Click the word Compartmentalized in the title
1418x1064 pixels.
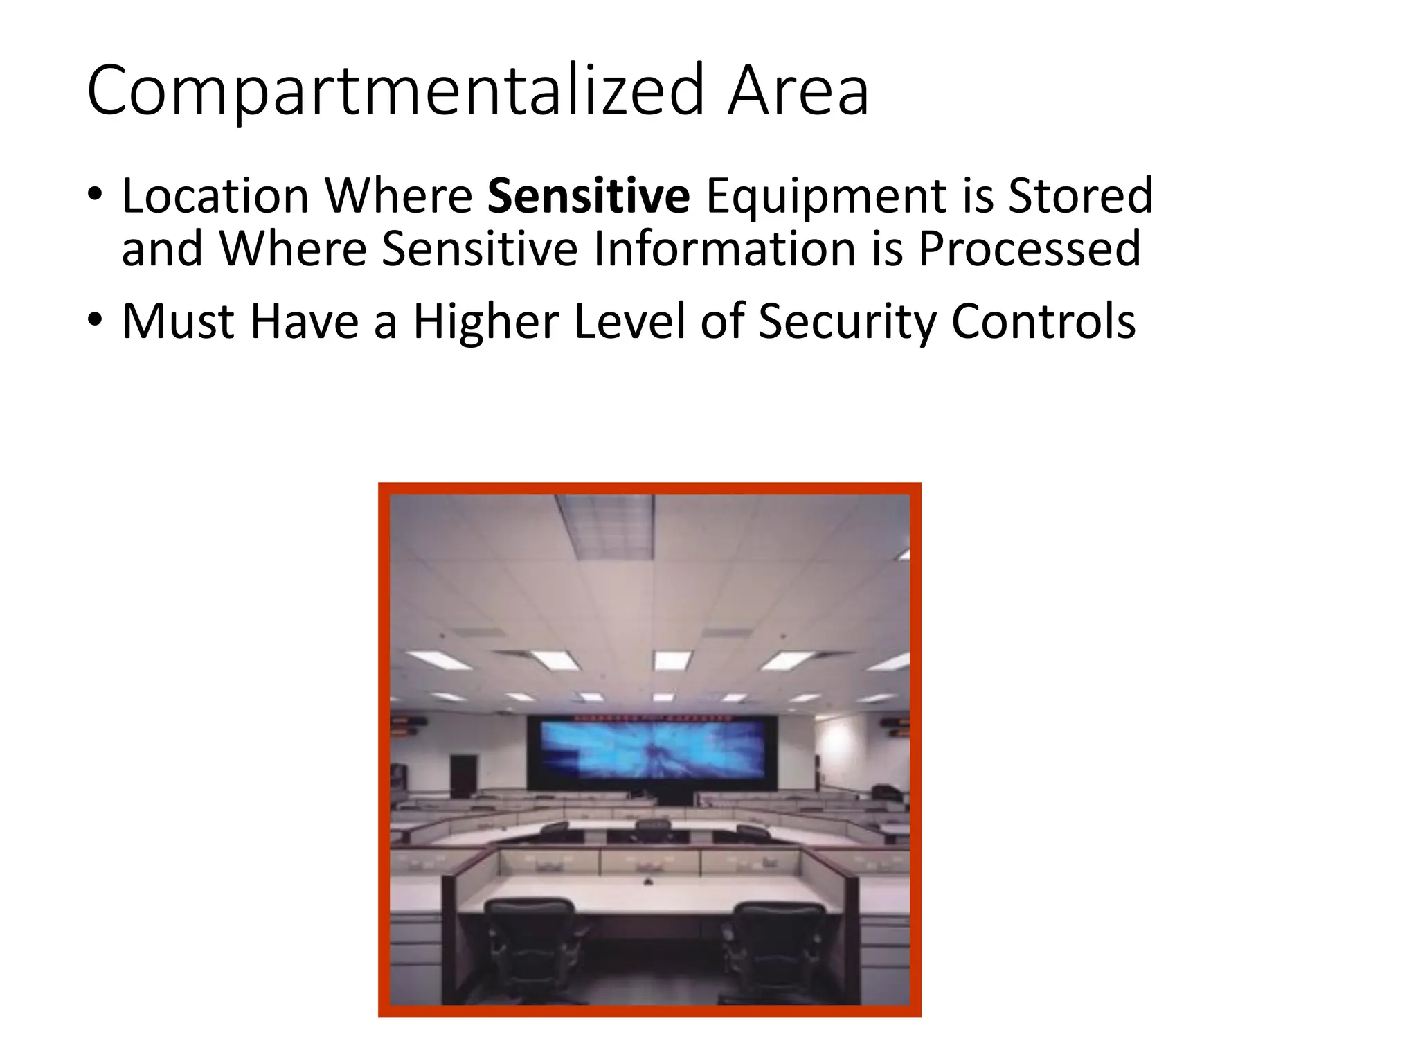point(395,91)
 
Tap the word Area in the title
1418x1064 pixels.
point(798,91)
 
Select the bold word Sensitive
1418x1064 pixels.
point(589,196)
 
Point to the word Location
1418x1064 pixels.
point(215,196)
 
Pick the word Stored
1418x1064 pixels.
point(1080,196)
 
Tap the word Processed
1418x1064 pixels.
point(1029,249)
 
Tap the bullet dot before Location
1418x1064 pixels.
point(95,195)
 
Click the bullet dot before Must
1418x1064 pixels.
point(95,319)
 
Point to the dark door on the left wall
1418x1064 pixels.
point(463,776)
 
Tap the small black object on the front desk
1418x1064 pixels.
point(648,882)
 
